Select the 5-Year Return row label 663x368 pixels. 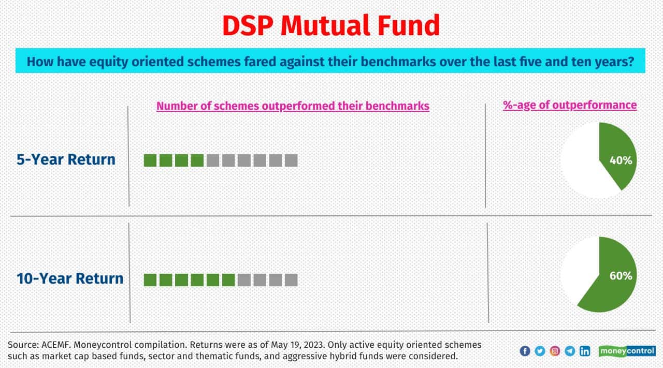point(66,159)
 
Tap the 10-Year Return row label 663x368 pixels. point(70,278)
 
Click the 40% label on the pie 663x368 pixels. point(621,160)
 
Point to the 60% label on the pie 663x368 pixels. point(621,276)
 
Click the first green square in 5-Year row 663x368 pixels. point(150,160)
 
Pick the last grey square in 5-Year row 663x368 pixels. point(291,160)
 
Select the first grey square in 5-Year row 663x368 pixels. point(213,160)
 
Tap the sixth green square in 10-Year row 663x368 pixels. point(228,280)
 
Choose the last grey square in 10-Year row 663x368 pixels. point(291,280)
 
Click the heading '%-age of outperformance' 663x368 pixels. point(570,105)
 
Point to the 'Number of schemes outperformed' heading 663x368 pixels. point(293,106)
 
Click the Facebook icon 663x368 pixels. point(525,351)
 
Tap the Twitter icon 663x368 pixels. point(540,351)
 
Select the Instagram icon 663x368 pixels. point(555,351)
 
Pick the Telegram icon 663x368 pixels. point(570,351)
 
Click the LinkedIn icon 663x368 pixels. point(585,351)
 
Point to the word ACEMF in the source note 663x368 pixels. point(52,345)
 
